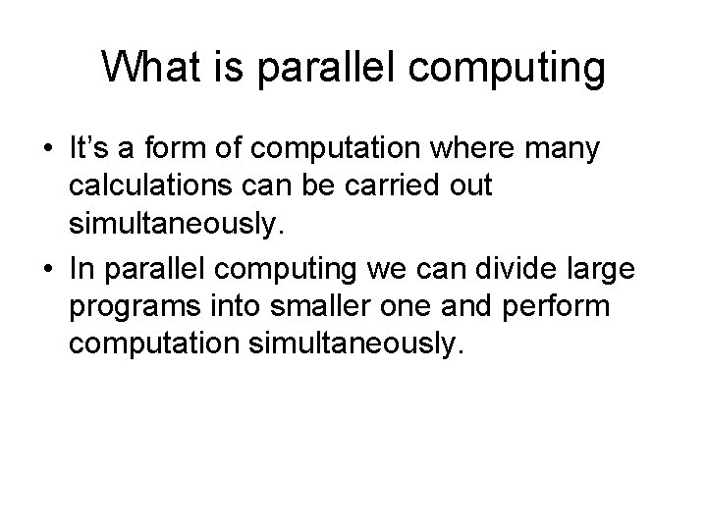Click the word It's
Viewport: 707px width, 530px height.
[91, 150]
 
